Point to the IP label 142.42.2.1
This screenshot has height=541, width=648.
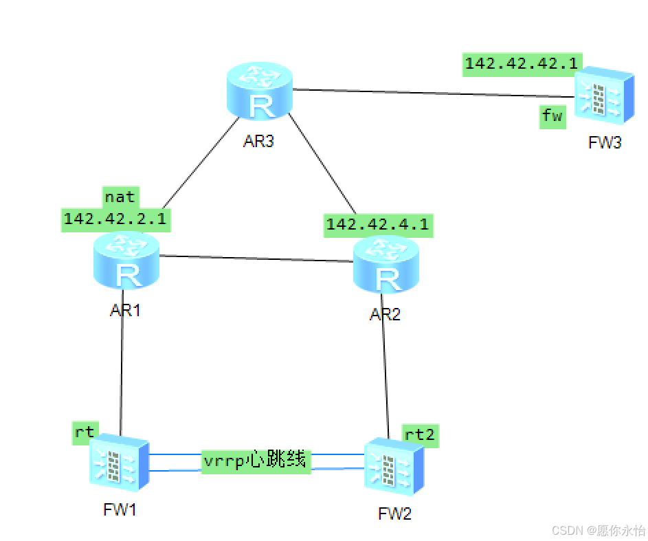pyautogui.click(x=115, y=219)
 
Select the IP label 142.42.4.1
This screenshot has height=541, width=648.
pyautogui.click(x=378, y=224)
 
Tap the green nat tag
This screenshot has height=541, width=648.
pyautogui.click(x=120, y=197)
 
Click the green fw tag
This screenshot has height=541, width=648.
pyautogui.click(x=552, y=115)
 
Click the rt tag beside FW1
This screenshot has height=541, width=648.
pyautogui.click(x=85, y=432)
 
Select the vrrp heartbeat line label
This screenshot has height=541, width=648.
pyautogui.click(x=256, y=460)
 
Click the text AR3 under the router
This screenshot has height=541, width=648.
pyautogui.click(x=258, y=142)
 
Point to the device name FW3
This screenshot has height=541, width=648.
pyautogui.click(x=605, y=143)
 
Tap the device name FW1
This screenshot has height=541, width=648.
pyautogui.click(x=120, y=509)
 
